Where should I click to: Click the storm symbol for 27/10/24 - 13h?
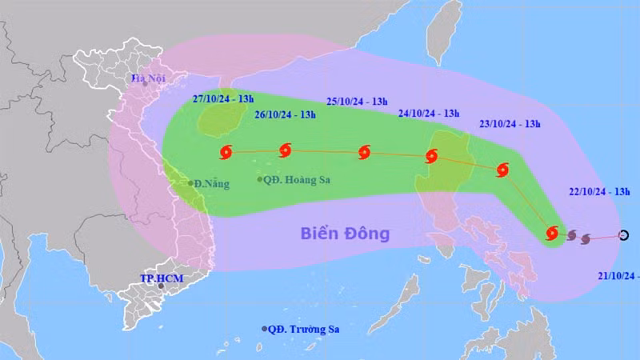[x=225, y=151]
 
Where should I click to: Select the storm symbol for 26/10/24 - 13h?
[x=286, y=150]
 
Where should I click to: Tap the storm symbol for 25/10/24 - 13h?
[x=365, y=152]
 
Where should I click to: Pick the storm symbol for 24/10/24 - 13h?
[x=433, y=155]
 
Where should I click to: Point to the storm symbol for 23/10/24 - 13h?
[x=502, y=170]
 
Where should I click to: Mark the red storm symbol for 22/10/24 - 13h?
[x=551, y=234]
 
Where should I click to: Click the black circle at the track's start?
[x=624, y=235]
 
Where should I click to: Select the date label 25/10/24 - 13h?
[x=357, y=101]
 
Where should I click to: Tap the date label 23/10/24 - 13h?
[x=510, y=124]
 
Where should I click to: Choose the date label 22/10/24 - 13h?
[x=599, y=192]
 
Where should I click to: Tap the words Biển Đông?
[x=345, y=234]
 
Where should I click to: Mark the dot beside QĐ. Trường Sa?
[x=265, y=329]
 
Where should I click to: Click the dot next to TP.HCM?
[x=162, y=286]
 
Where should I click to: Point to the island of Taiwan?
[x=442, y=32]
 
